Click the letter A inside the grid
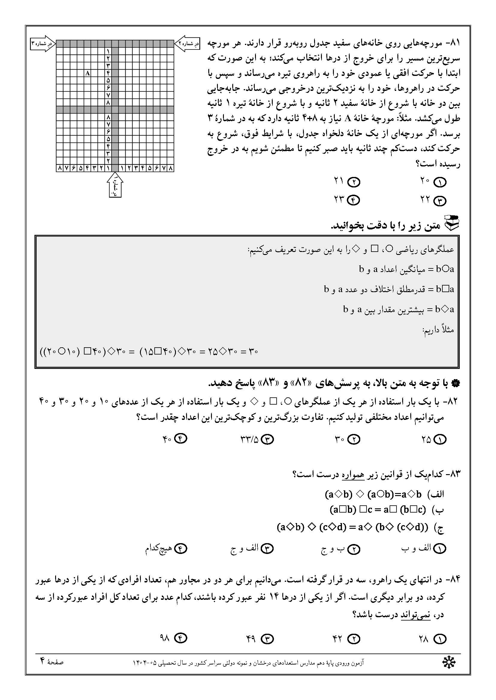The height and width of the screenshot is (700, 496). pos(88,73)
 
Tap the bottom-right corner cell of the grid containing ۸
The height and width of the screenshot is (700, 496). pos(171,168)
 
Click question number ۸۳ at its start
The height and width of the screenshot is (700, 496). pos(453,474)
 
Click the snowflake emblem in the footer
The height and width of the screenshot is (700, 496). pos(449,663)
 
